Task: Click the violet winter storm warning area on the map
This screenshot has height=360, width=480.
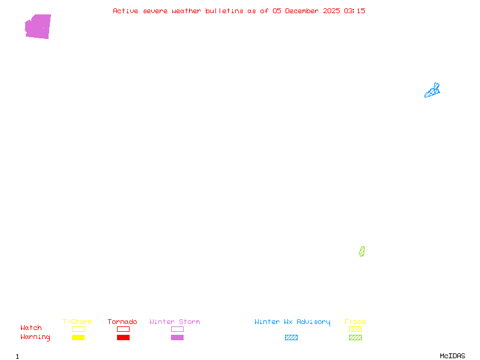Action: pyautogui.click(x=38, y=27)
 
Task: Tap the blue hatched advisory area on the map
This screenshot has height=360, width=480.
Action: pyautogui.click(x=433, y=91)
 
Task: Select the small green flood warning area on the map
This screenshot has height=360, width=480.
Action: pyautogui.click(x=362, y=251)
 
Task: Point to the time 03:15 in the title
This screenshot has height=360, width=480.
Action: pyautogui.click(x=354, y=11)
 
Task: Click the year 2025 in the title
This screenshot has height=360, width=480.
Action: pyautogui.click(x=331, y=11)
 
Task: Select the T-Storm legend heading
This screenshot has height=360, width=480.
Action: pyautogui.click(x=77, y=322)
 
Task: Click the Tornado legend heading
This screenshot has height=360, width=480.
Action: pyautogui.click(x=122, y=322)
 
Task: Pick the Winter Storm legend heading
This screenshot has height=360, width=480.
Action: pyautogui.click(x=175, y=322)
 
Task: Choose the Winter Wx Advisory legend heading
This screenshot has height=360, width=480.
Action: pyautogui.click(x=292, y=322)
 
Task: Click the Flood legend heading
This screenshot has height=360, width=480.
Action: pyautogui.click(x=355, y=322)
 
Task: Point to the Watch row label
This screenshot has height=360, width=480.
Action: pyautogui.click(x=31, y=328)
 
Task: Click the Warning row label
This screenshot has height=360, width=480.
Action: pyautogui.click(x=35, y=337)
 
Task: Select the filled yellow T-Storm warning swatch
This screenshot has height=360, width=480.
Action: pyautogui.click(x=78, y=338)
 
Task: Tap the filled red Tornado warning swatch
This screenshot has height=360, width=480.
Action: pyautogui.click(x=123, y=338)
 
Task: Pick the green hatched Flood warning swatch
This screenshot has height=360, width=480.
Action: pyautogui.click(x=355, y=338)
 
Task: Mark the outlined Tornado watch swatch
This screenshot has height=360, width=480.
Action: pyautogui.click(x=123, y=329)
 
